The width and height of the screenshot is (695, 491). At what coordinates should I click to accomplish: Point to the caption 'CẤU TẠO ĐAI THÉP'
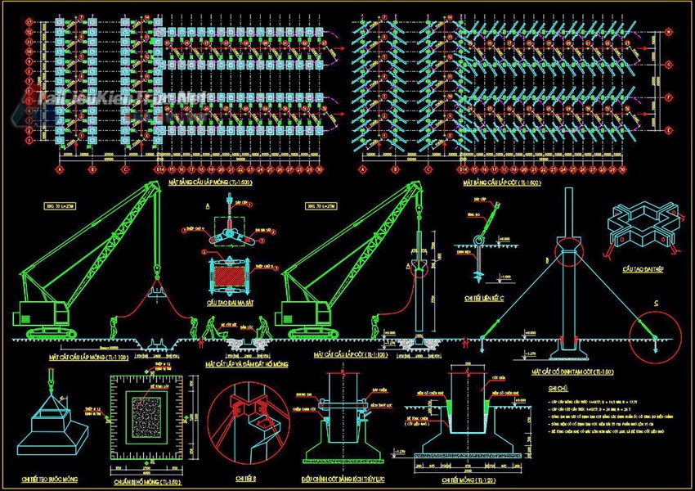(x=641, y=268)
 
